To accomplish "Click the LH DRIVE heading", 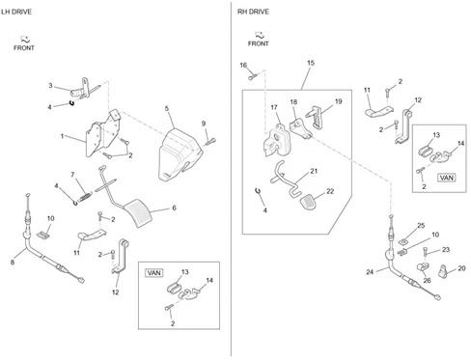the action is [x=16, y=12].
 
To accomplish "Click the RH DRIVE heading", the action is [x=253, y=12].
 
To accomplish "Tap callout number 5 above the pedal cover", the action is [x=167, y=108].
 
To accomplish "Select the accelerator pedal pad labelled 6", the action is [x=139, y=213].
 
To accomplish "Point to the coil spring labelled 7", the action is [x=85, y=196].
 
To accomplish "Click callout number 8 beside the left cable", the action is [x=13, y=263].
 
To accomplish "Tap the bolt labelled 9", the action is [x=209, y=141].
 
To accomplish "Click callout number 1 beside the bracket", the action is [x=62, y=136].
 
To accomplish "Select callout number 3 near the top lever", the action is [x=50, y=86].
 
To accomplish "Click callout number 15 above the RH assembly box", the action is [x=311, y=63].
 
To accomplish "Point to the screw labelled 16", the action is [x=252, y=77].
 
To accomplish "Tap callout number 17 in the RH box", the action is [x=274, y=107].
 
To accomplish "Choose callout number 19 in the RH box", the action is [x=338, y=101].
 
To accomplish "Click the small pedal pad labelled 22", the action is [x=308, y=202].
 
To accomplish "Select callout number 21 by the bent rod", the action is [x=314, y=171].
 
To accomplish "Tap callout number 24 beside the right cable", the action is [x=370, y=272].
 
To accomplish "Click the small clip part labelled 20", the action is [x=444, y=271].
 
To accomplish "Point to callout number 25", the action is [x=421, y=226].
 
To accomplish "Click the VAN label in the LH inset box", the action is [x=154, y=273].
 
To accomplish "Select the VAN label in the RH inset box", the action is [x=447, y=178].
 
